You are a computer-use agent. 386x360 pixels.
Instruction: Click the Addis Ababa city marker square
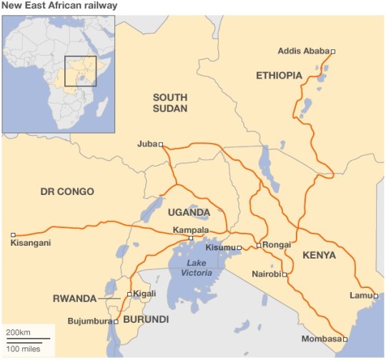[x=332, y=51]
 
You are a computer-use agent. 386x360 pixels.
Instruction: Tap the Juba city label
[x=147, y=144]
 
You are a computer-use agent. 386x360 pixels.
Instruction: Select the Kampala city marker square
[x=190, y=238]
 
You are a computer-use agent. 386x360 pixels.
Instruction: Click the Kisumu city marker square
[x=239, y=247]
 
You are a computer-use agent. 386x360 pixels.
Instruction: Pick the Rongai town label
[x=277, y=245]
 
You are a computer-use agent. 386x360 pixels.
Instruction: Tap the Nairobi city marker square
[x=284, y=274]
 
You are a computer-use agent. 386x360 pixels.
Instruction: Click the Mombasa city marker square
[x=345, y=339]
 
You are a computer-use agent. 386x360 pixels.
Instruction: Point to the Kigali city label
[x=145, y=294]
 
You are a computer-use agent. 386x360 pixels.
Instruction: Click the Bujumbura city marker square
[x=115, y=321]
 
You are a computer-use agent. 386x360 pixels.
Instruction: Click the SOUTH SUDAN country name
[x=169, y=103]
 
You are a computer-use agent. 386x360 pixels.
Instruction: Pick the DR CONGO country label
[x=67, y=191]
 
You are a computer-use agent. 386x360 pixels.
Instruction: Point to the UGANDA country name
[x=189, y=212]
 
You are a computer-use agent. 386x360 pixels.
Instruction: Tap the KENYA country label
[x=319, y=255]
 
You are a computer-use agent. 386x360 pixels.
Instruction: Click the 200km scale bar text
[x=18, y=334]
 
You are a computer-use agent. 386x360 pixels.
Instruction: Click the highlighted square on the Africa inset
[x=80, y=71]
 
